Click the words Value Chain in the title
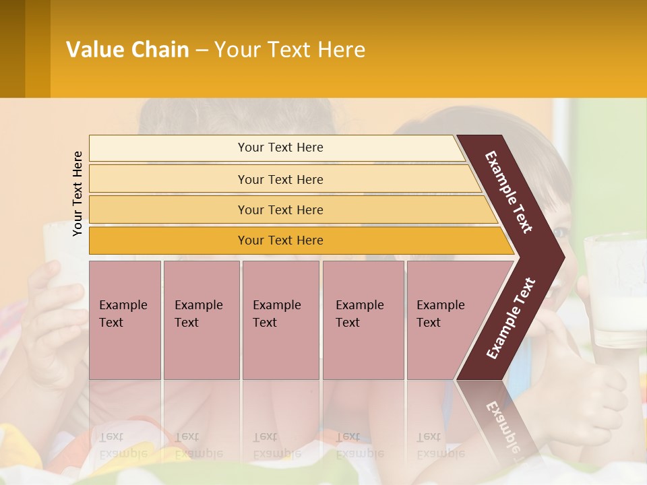tap(127, 50)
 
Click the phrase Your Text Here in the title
tap(290, 50)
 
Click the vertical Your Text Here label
tap(78, 193)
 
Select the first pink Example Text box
tap(125, 320)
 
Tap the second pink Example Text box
tap(201, 320)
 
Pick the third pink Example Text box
tap(280, 320)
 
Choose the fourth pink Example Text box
tap(363, 320)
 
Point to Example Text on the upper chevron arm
tap(509, 192)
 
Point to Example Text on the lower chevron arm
tap(511, 318)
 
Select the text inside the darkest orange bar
tap(280, 240)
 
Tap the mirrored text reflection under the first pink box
tap(123, 445)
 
